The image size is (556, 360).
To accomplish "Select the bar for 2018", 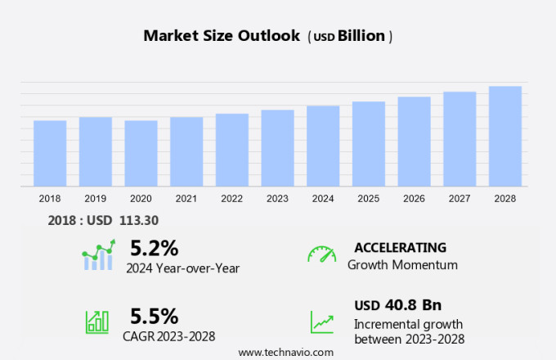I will coord(50,153).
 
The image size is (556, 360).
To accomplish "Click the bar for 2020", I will coord(141,153).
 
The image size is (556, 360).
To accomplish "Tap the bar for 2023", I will coord(277,148).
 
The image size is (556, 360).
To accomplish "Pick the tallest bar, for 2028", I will coord(505,136).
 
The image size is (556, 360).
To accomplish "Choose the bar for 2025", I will coord(369,144).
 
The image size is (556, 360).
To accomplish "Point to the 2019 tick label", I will coord(95,198).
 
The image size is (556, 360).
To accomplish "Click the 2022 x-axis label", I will coord(231,198).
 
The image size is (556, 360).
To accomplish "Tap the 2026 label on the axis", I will coord(414,198).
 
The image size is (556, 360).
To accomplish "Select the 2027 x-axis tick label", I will coord(460,198).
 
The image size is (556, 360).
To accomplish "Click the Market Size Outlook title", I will coord(221,36).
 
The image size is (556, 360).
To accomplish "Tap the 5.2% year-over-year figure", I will coord(155,247).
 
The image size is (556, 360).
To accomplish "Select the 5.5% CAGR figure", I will coord(155,316).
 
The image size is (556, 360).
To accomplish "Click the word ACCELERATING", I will coord(401,247).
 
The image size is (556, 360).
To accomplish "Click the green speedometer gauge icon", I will coord(321,254).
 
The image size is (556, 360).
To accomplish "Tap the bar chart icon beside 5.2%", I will coord(99,255).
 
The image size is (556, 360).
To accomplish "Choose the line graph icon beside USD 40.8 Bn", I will coord(321,322).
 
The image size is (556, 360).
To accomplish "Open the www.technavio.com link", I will coord(286,352).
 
